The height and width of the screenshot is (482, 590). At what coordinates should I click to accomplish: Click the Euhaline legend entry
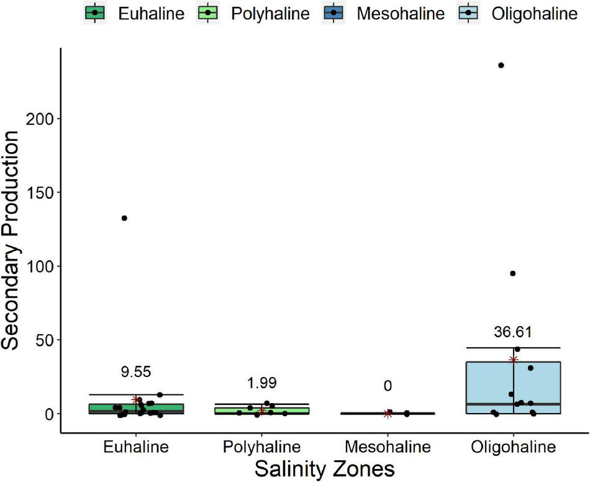point(135,12)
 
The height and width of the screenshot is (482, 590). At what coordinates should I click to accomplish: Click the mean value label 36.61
point(513,332)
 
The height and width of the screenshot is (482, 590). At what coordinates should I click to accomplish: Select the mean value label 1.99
point(261,382)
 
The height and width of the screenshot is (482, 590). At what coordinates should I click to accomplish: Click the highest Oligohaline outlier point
point(501,65)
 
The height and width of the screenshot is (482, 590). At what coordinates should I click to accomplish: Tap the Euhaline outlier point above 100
point(124,218)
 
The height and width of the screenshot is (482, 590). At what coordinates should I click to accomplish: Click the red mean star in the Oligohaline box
point(513,359)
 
